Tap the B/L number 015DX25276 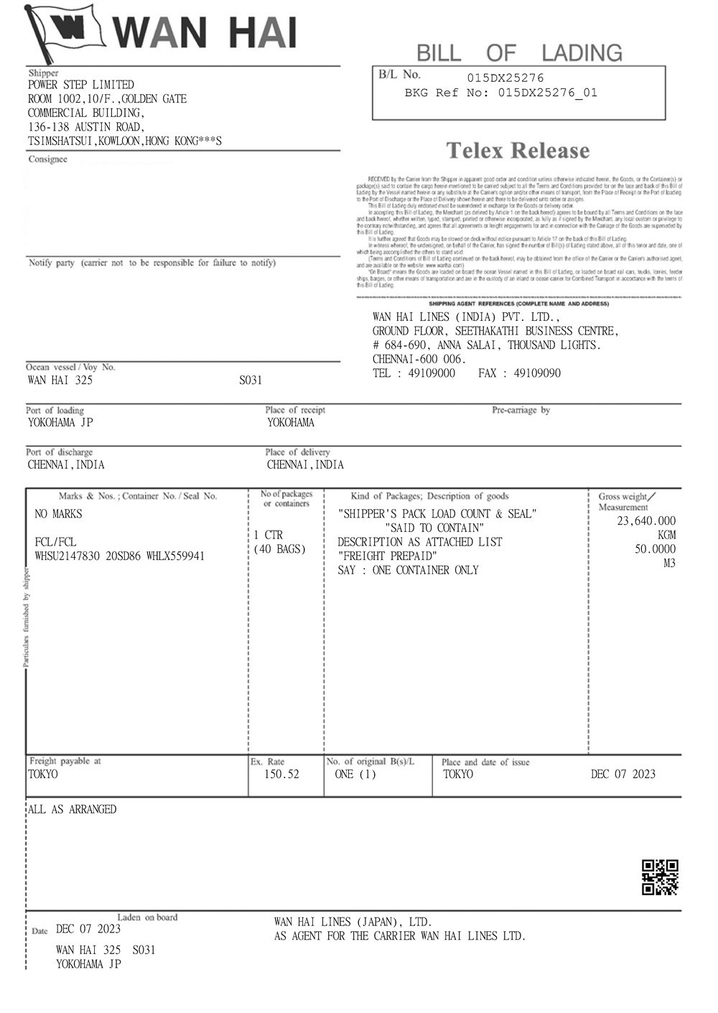[x=505, y=78]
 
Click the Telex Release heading [x=518, y=151]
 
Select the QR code [x=660, y=877]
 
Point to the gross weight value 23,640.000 [x=646, y=521]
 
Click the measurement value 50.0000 [x=655, y=549]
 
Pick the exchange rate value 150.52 [x=281, y=774]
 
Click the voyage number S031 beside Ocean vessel [x=251, y=381]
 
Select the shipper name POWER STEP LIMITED [x=81, y=85]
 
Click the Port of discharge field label [x=60, y=452]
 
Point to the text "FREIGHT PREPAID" [x=388, y=556]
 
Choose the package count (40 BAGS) [x=280, y=549]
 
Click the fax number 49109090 [x=538, y=373]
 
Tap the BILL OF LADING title [x=519, y=52]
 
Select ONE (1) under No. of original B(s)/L [x=355, y=774]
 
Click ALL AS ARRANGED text [x=72, y=809]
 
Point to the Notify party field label [x=52, y=263]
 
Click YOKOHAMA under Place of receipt [x=291, y=423]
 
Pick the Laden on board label [x=147, y=917]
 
